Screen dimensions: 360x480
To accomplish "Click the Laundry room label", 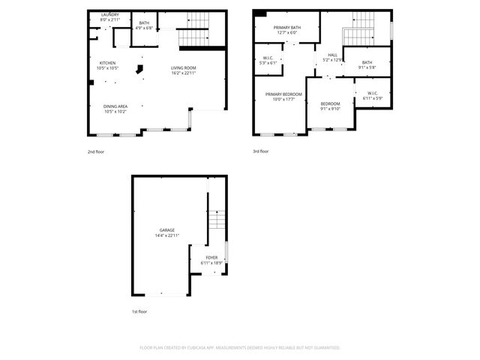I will [x=109, y=14].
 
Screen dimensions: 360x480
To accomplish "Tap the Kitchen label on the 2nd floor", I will [x=106, y=62].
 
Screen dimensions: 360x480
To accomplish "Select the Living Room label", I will [x=183, y=68].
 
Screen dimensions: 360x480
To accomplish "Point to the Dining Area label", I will [x=115, y=106].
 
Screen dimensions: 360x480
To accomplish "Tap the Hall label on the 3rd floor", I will [x=332, y=55].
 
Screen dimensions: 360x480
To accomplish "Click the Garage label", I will [x=166, y=229].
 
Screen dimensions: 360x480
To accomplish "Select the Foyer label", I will [x=212, y=258].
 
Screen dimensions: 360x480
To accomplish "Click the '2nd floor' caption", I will [x=95, y=151].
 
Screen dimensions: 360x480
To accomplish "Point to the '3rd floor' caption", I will [x=261, y=151].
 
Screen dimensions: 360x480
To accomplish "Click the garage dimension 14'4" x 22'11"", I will [x=166, y=235].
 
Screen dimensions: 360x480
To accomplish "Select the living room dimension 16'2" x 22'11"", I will [x=183, y=73].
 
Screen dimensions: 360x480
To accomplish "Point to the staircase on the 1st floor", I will [x=216, y=220].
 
